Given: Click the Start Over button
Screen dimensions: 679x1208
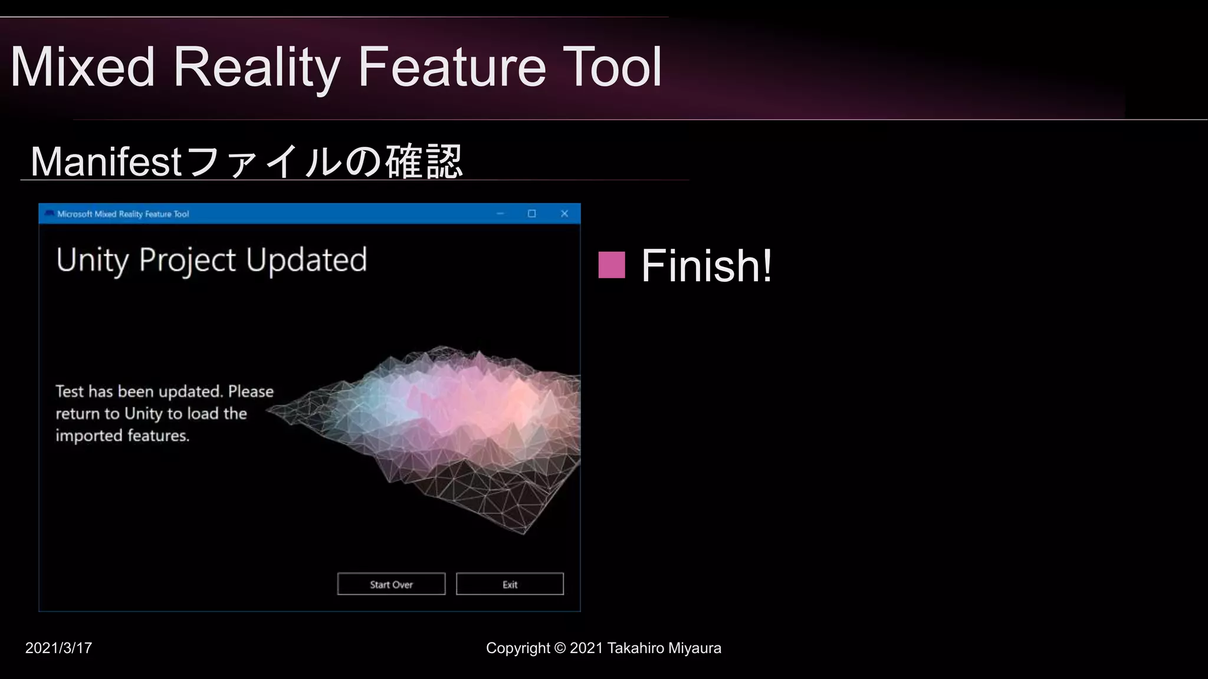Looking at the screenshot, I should pos(391,584).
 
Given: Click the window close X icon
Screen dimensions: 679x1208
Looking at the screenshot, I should pos(564,213).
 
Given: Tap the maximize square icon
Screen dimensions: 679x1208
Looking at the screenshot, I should pos(531,213).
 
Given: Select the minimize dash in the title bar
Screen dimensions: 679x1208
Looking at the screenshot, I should pos(500,213).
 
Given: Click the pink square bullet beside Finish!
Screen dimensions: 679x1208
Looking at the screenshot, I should pos(612,265).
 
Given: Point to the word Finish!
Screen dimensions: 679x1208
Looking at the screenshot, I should pos(707,266).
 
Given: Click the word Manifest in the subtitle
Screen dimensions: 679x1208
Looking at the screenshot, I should pos(106,161).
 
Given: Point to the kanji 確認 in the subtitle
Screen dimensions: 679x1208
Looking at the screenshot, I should pos(424,161).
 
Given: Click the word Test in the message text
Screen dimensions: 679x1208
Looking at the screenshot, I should pos(70,391).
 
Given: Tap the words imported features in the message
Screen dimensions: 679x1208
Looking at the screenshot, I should pos(122,436).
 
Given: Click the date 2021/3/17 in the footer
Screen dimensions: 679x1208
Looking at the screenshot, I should pos(58,648).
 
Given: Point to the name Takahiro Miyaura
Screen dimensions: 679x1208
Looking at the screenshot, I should pos(664,648).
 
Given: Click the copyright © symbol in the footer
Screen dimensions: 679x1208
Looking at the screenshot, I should pos(560,648).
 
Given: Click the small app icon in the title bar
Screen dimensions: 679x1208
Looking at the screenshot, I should pos(50,213).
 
